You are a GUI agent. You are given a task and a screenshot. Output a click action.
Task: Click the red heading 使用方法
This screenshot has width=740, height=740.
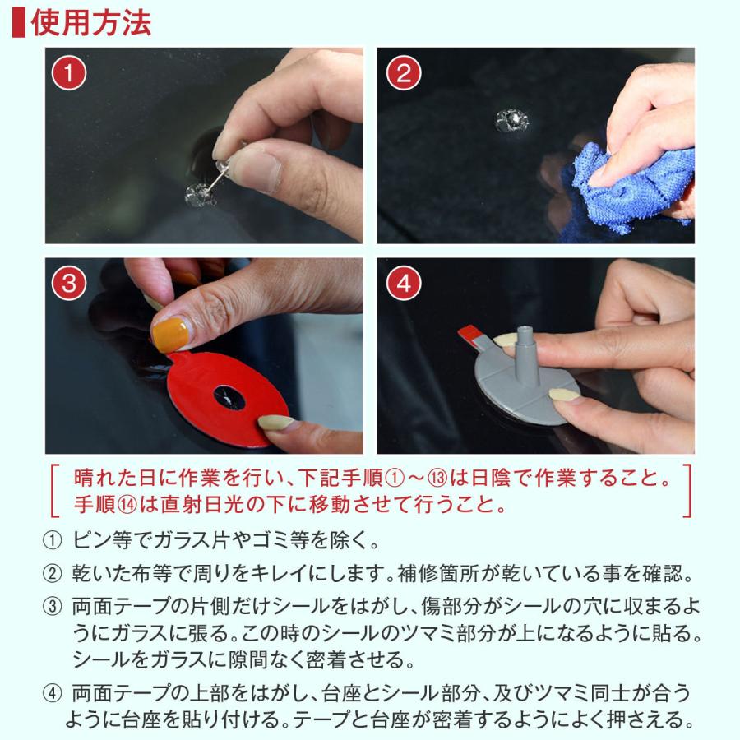coord(90,23)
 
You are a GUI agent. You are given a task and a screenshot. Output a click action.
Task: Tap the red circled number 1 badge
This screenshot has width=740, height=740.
coord(69,72)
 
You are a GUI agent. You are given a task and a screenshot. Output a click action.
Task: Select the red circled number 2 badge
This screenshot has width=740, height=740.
coord(404,72)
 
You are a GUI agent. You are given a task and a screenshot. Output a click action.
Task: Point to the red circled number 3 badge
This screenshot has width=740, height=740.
coord(69,283)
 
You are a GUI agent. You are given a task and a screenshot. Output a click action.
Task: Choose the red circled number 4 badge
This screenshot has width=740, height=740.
coord(404,283)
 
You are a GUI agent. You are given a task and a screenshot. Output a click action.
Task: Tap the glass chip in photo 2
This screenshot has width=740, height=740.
coord(511,120)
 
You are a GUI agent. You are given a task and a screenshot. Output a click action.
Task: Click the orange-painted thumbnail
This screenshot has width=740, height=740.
coord(170,335)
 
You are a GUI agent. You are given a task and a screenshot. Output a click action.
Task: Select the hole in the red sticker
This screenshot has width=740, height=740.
coord(230,397)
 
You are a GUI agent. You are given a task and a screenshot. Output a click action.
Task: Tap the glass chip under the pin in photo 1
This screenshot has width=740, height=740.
coord(201,196)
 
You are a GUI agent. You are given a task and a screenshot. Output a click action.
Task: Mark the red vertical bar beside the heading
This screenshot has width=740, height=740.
coord(18,23)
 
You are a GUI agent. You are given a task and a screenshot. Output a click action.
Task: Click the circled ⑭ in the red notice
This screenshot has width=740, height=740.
coord(127,505)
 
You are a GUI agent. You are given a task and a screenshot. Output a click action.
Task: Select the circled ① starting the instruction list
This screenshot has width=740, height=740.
coord(53,541)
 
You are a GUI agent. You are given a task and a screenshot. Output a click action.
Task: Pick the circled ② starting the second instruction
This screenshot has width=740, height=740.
coord(53,574)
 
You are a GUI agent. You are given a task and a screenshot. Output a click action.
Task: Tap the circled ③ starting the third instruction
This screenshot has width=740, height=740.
coord(53,607)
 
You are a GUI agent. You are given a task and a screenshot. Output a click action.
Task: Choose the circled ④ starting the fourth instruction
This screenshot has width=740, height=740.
coord(53,694)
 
